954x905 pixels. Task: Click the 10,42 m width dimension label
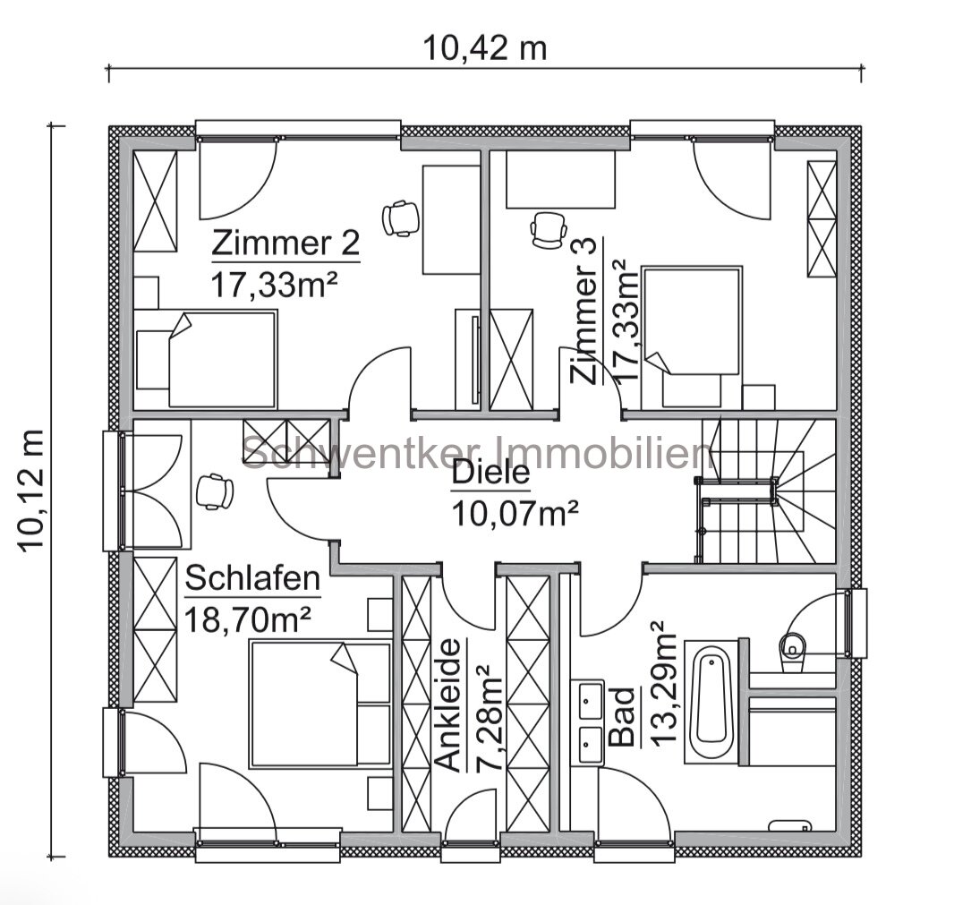tap(485, 48)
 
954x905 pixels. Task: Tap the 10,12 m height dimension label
tap(31, 491)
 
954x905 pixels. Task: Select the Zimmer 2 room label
tap(286, 243)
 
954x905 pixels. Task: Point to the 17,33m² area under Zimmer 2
tap(274, 285)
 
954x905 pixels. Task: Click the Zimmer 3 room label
tap(583, 311)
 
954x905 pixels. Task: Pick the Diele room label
tap(491, 474)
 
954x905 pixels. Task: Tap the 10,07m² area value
tap(514, 514)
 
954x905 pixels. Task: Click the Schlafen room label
tap(252, 577)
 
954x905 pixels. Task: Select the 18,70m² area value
tap(248, 619)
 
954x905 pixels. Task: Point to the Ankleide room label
tap(450, 705)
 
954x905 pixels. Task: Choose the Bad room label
tap(622, 717)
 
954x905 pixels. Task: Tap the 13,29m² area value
tap(662, 683)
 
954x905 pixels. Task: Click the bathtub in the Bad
tap(711, 702)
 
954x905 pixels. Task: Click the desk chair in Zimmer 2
tap(401, 218)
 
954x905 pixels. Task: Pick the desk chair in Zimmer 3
tap(549, 229)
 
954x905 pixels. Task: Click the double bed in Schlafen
tap(320, 703)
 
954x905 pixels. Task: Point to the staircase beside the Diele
tap(767, 491)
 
